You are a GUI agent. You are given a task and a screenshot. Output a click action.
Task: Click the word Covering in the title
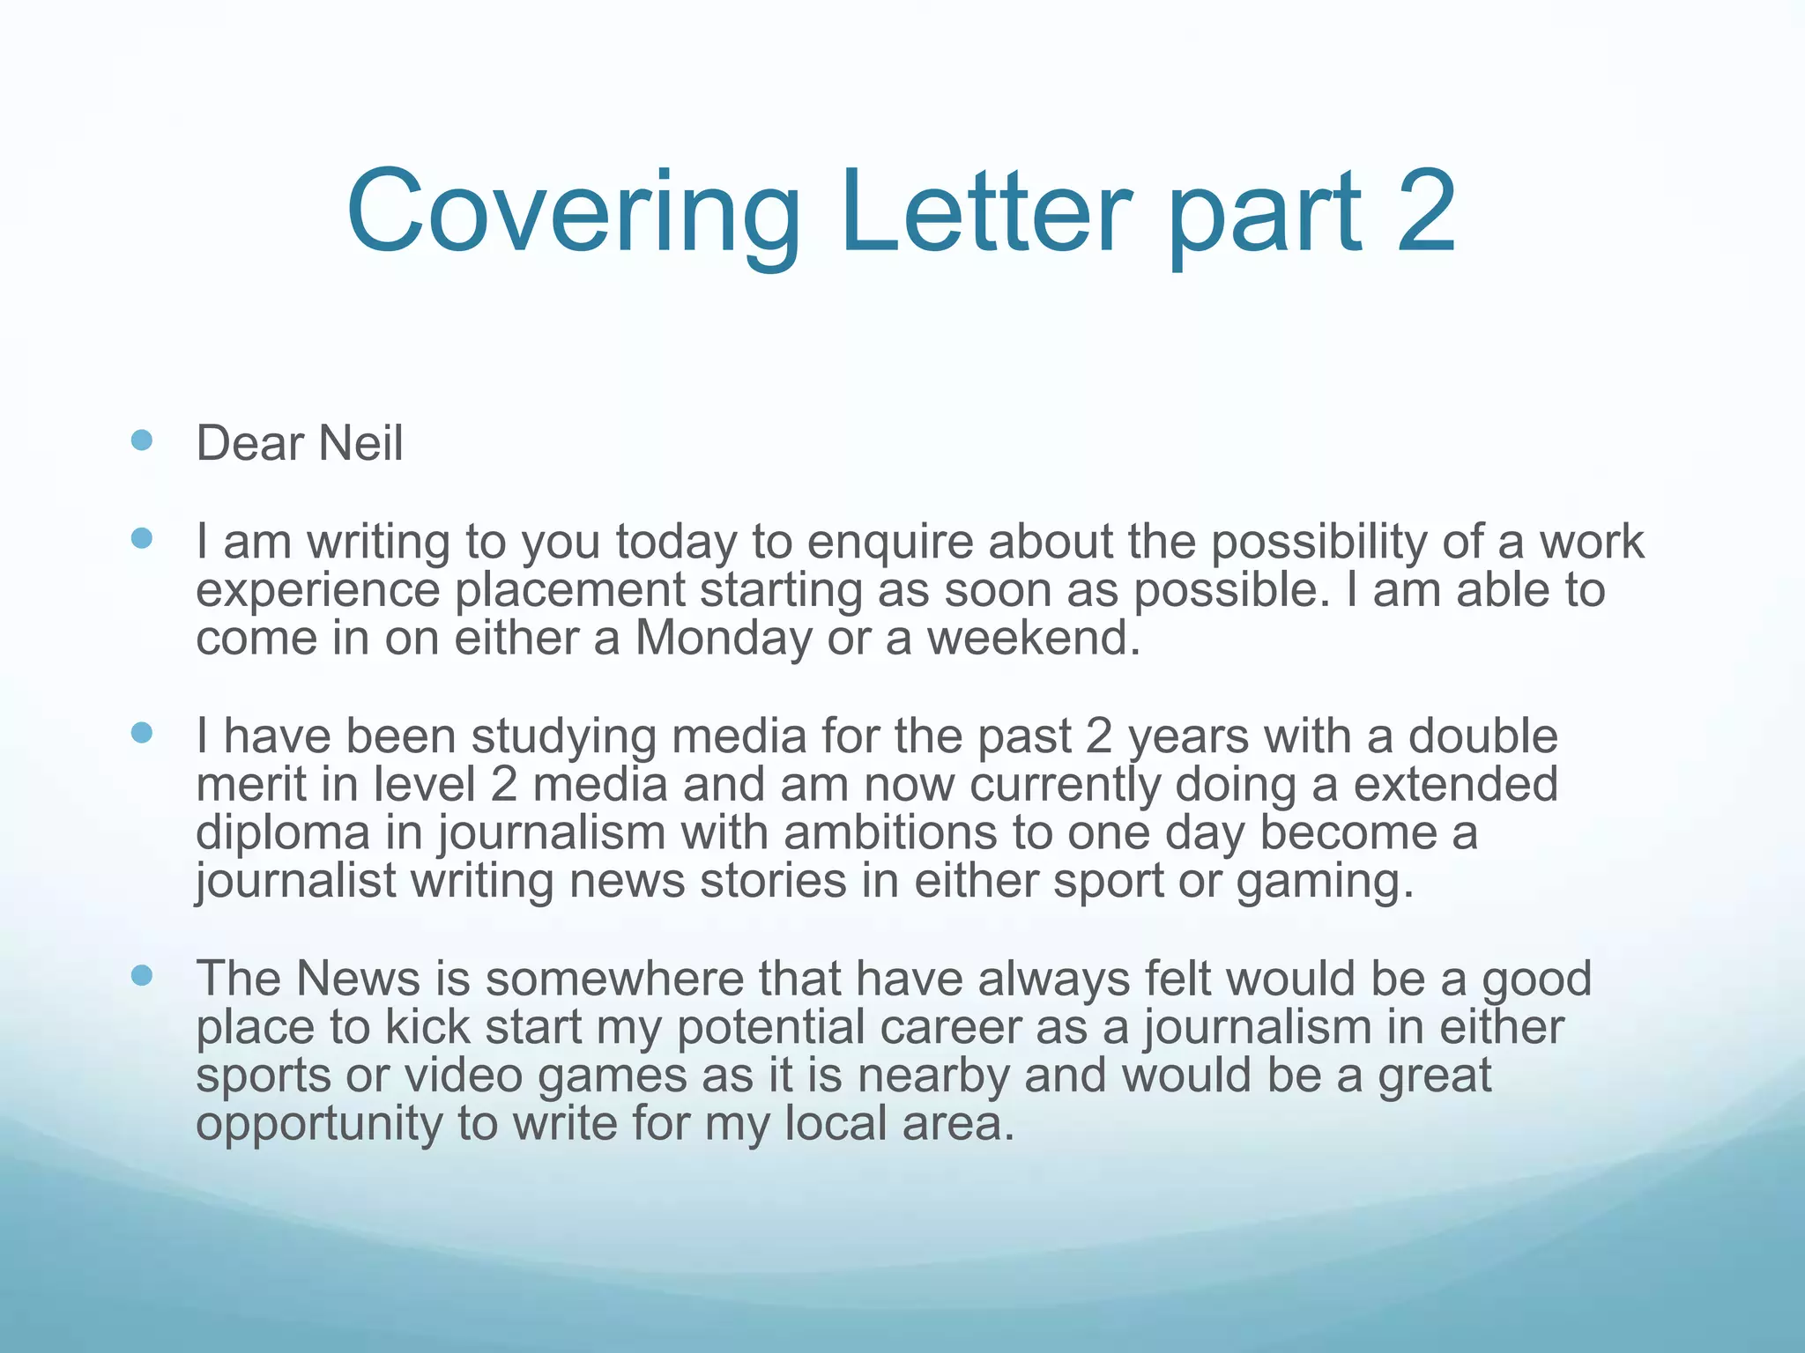click(x=573, y=213)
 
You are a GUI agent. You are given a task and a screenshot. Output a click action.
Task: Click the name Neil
click(x=360, y=443)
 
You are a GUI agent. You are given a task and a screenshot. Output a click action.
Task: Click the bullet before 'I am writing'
click(x=141, y=538)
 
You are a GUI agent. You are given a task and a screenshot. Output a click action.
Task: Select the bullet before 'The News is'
click(x=141, y=975)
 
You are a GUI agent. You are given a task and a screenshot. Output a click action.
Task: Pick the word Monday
click(x=723, y=639)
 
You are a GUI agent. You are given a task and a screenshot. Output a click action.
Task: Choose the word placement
click(x=570, y=591)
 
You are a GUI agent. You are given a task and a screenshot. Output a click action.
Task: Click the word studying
click(x=563, y=737)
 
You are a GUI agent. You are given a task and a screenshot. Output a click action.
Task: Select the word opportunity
click(x=319, y=1125)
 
